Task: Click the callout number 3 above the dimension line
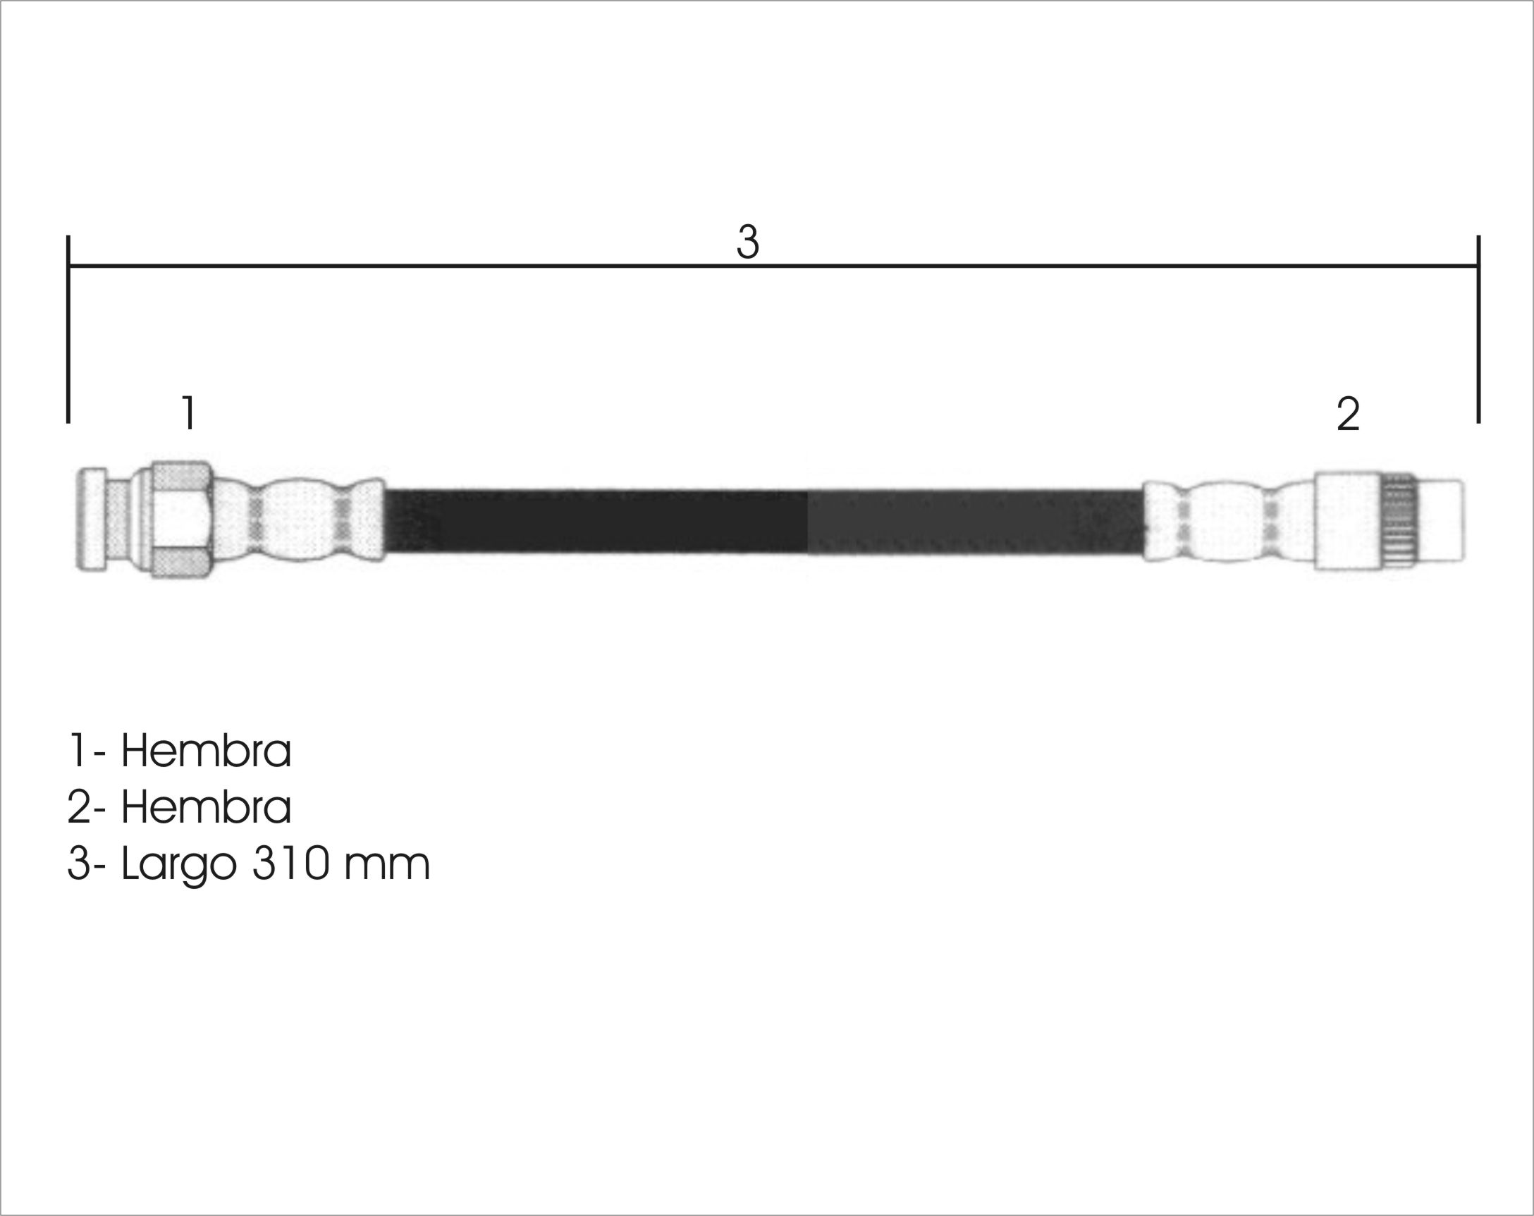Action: (x=748, y=241)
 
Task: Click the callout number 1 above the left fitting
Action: (x=188, y=412)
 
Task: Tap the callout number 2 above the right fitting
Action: (x=1349, y=414)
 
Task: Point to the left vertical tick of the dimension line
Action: (x=68, y=328)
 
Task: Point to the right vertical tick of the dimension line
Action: (x=1478, y=328)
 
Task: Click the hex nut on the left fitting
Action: (x=181, y=520)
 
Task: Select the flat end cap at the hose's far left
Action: (x=92, y=519)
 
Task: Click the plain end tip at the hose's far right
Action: (x=1441, y=520)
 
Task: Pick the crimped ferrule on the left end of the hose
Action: (x=299, y=520)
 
